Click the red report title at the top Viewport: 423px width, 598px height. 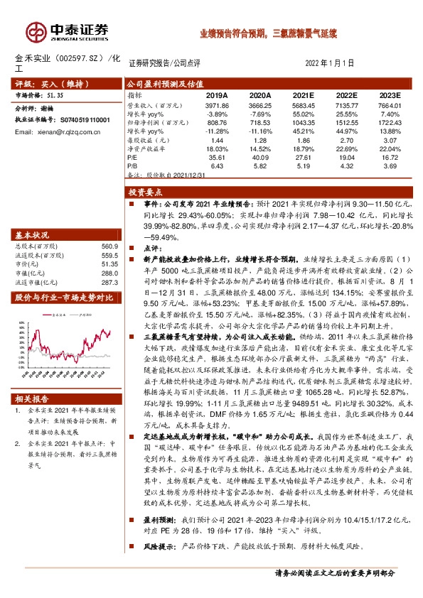267,33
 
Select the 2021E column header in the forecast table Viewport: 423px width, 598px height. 304,94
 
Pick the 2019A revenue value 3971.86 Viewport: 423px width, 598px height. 216,104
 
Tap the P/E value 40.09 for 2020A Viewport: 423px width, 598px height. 261,158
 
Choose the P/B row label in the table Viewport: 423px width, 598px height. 133,167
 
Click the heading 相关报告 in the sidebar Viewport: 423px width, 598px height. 31,399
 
